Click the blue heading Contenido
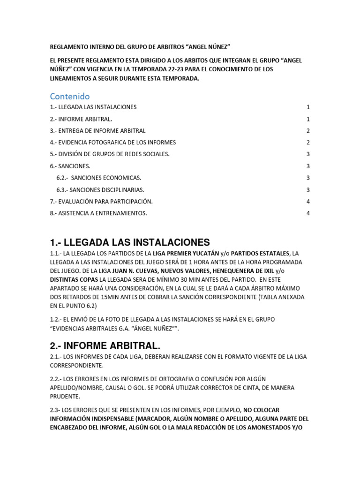(69, 97)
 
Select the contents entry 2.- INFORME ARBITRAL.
(81, 119)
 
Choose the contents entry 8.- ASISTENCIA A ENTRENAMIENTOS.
(98, 213)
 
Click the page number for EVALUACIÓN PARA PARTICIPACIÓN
(308, 202)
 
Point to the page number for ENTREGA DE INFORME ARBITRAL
(308, 131)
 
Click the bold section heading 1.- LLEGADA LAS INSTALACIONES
(130, 242)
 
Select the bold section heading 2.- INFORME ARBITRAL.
(105, 346)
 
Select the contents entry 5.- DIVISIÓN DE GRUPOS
(110, 154)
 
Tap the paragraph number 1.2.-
(56, 320)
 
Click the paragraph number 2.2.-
(56, 378)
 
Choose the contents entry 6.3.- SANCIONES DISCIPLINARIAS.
(100, 190)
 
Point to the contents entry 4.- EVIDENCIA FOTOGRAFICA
(113, 142)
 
